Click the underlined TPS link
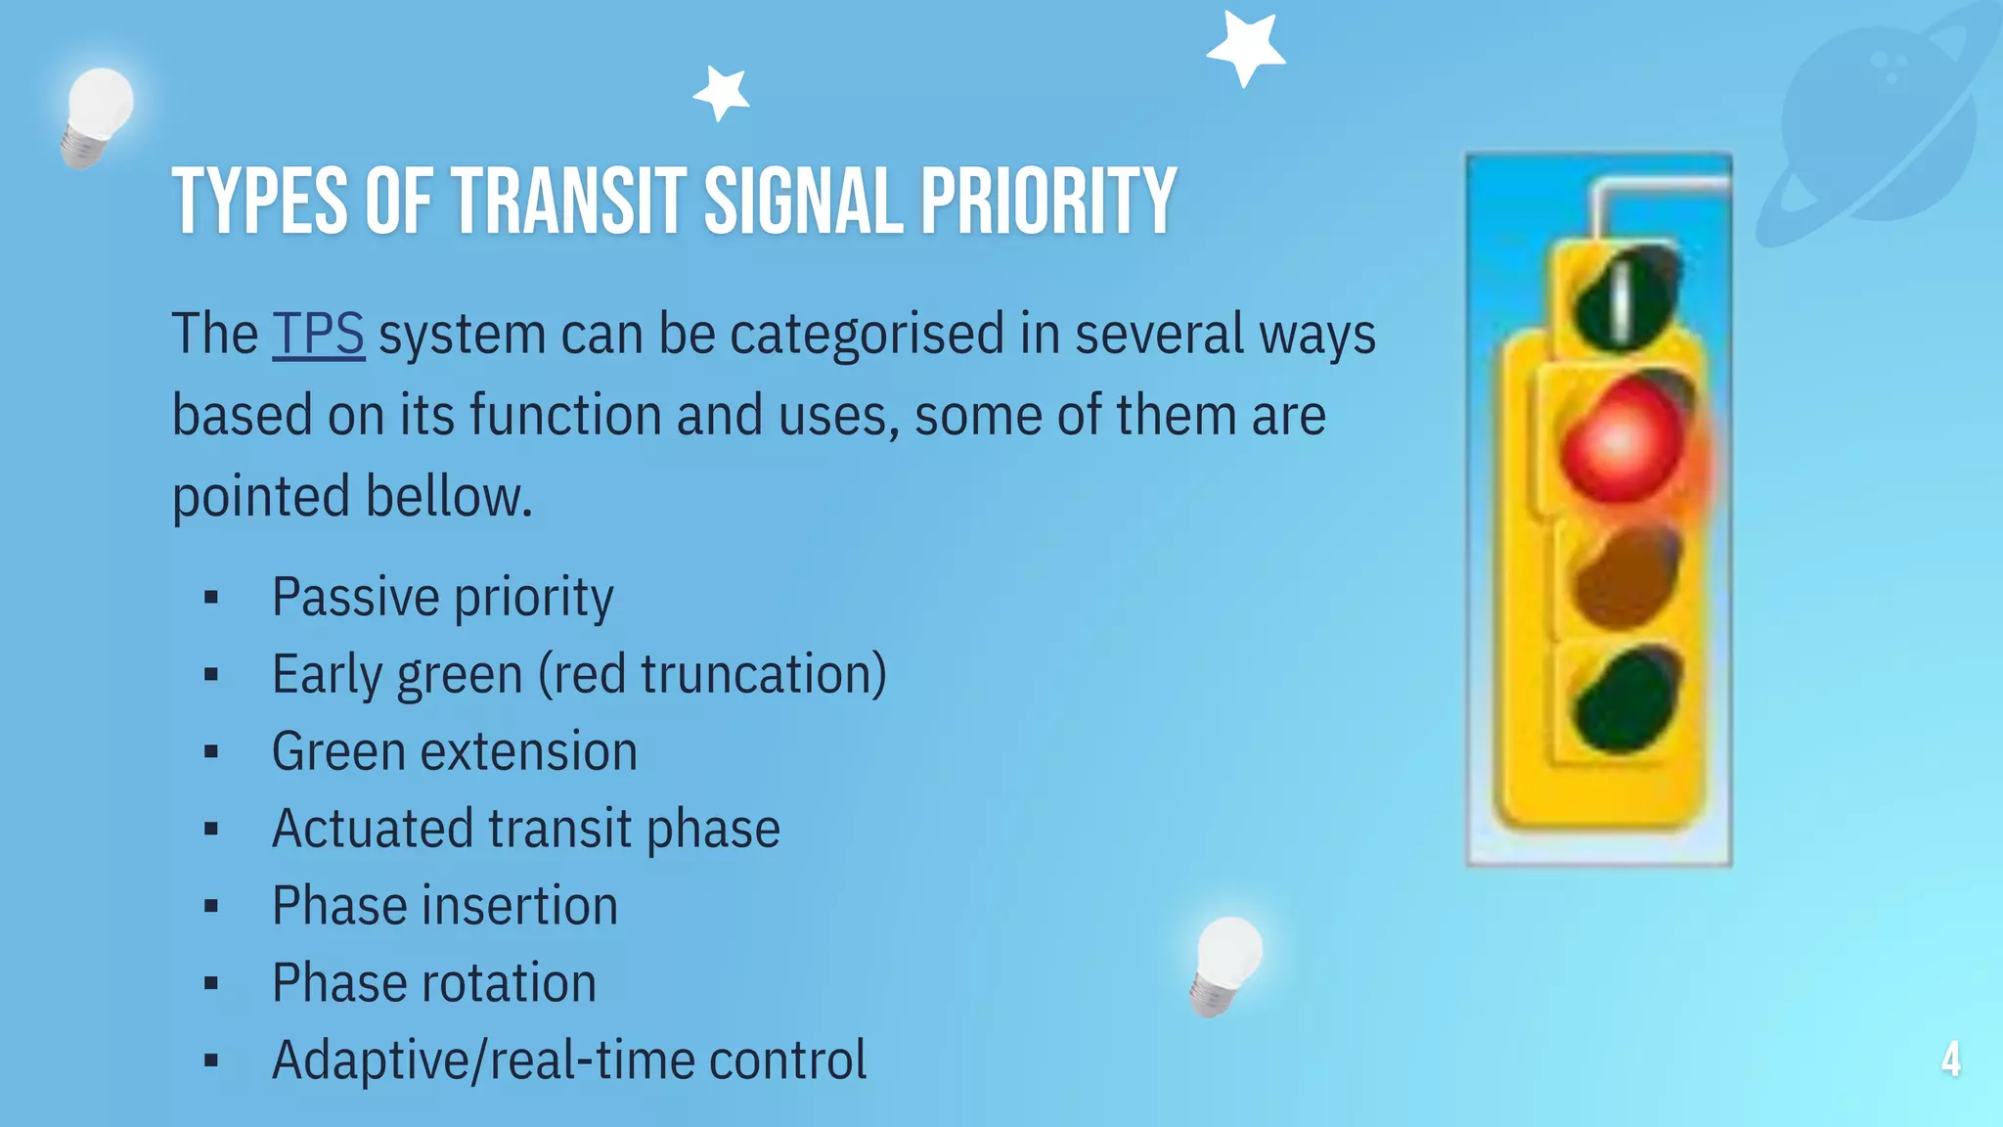(x=318, y=335)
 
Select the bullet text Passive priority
(x=442, y=597)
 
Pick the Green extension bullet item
(x=454, y=751)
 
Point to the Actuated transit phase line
(x=525, y=829)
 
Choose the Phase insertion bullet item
(x=444, y=906)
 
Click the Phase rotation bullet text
(x=433, y=983)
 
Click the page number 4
(x=1950, y=1059)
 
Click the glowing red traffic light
(x=1621, y=440)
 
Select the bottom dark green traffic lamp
(x=1625, y=700)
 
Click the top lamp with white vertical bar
(x=1625, y=297)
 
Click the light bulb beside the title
(x=96, y=115)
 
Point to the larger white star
(x=1246, y=47)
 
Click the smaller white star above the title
(x=722, y=93)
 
